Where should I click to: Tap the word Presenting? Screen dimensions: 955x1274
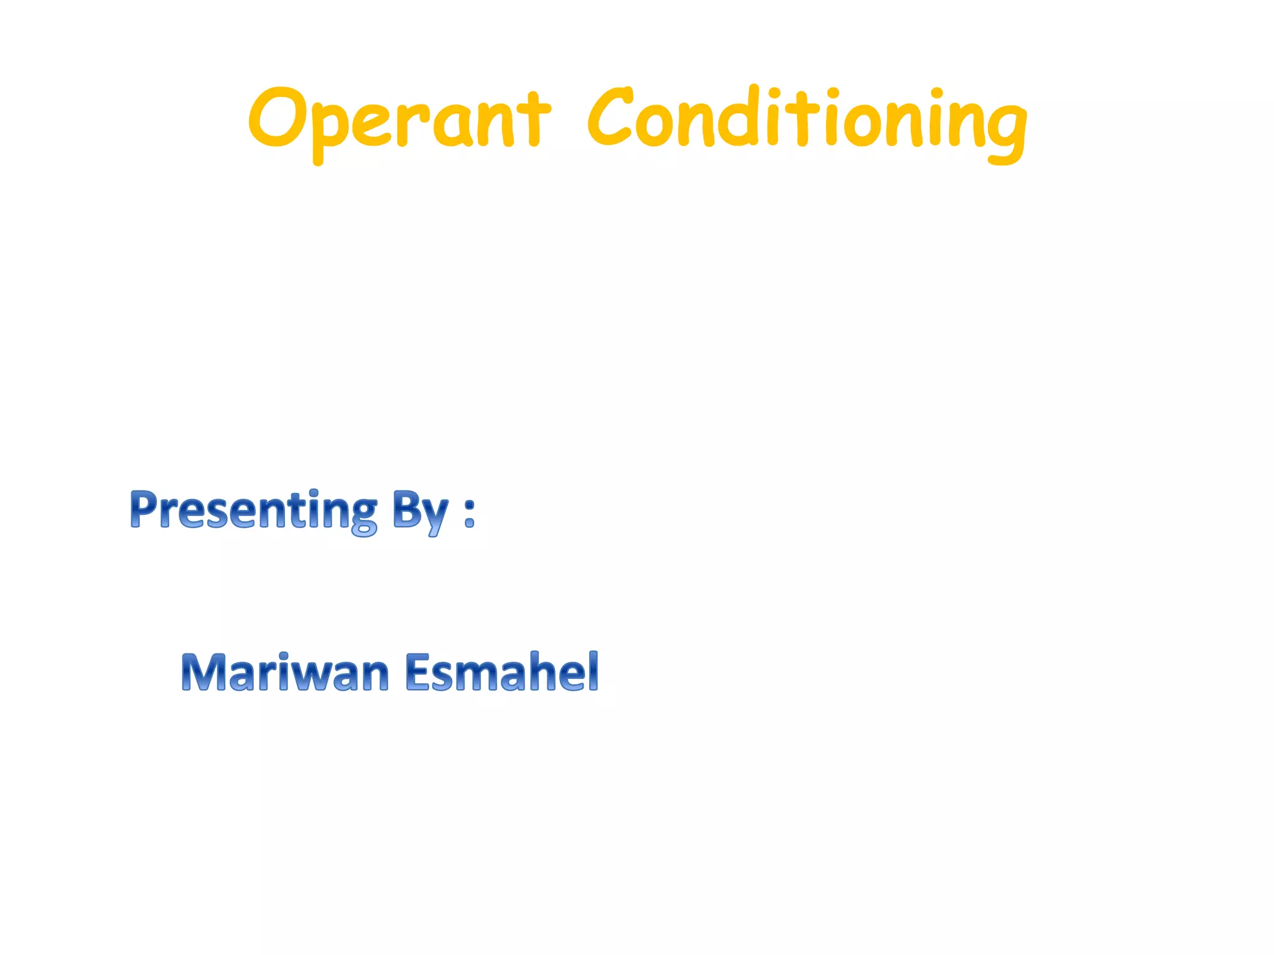pyautogui.click(x=254, y=510)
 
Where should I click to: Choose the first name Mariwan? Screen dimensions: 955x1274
pyautogui.click(x=286, y=673)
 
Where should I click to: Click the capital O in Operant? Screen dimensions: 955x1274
pyautogui.click(x=276, y=118)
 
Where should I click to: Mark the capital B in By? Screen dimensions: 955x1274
pyautogui.click(x=406, y=509)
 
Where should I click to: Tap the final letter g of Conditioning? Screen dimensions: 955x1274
pyautogui.click(x=1003, y=127)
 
